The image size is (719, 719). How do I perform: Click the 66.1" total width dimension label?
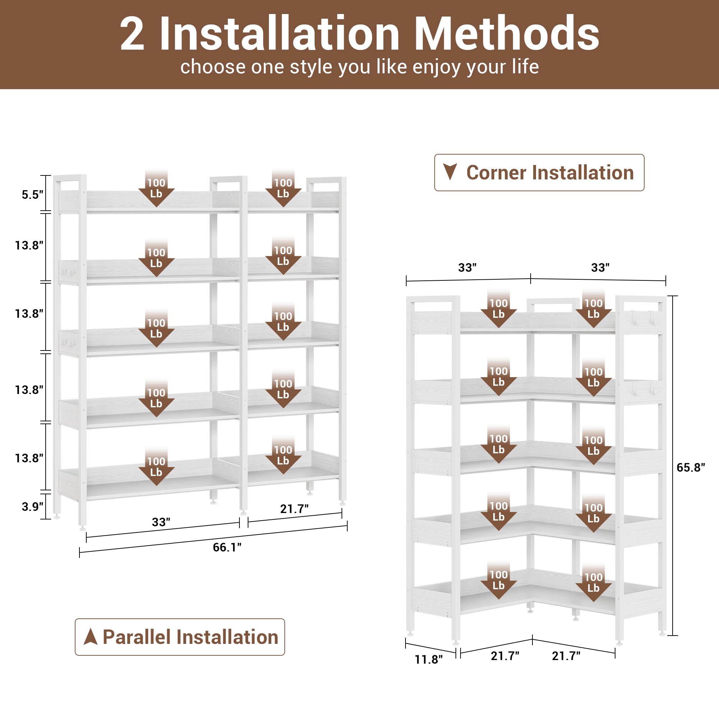[x=227, y=547]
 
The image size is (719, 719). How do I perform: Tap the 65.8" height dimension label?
[x=691, y=467]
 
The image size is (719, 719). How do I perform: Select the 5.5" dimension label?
[x=32, y=194]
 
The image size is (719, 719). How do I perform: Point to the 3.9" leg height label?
[x=32, y=507]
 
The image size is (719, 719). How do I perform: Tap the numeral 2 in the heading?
[x=132, y=34]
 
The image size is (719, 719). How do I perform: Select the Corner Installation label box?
[x=539, y=173]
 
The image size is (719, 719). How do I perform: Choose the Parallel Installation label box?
[x=180, y=637]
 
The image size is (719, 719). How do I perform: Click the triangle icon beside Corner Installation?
[x=450, y=171]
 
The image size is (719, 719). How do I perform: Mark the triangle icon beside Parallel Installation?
[x=91, y=637]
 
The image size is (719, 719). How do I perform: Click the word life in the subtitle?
[x=525, y=67]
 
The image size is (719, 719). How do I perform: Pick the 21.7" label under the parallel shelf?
[x=294, y=509]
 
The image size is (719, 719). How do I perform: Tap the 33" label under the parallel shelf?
[x=161, y=522]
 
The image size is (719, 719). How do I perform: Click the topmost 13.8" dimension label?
[x=29, y=245]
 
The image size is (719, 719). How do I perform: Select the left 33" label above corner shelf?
[x=467, y=267]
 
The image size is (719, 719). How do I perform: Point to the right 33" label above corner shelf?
[x=600, y=267]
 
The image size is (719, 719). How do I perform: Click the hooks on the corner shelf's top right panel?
[x=642, y=317]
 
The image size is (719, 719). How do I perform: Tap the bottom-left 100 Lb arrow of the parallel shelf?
[x=156, y=468]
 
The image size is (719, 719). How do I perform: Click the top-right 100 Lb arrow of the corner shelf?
[x=593, y=310]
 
